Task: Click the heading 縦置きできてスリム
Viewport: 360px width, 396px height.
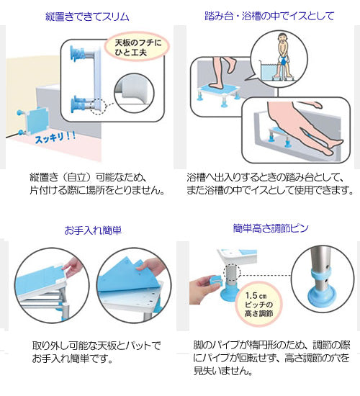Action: point(87,17)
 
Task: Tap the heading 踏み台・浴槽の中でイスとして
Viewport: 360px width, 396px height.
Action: point(269,16)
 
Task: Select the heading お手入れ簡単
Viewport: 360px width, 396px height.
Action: point(93,230)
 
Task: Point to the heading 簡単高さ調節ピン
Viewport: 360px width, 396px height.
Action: point(271,228)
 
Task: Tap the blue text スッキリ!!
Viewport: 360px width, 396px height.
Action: point(55,138)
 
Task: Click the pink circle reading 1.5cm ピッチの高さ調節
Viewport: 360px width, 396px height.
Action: point(258,305)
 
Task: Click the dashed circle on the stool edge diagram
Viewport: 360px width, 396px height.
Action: point(99,106)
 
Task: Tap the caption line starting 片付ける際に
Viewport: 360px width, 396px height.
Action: point(97,190)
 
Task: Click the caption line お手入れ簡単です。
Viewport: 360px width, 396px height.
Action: point(72,359)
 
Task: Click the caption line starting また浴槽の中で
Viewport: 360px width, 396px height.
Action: point(270,190)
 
